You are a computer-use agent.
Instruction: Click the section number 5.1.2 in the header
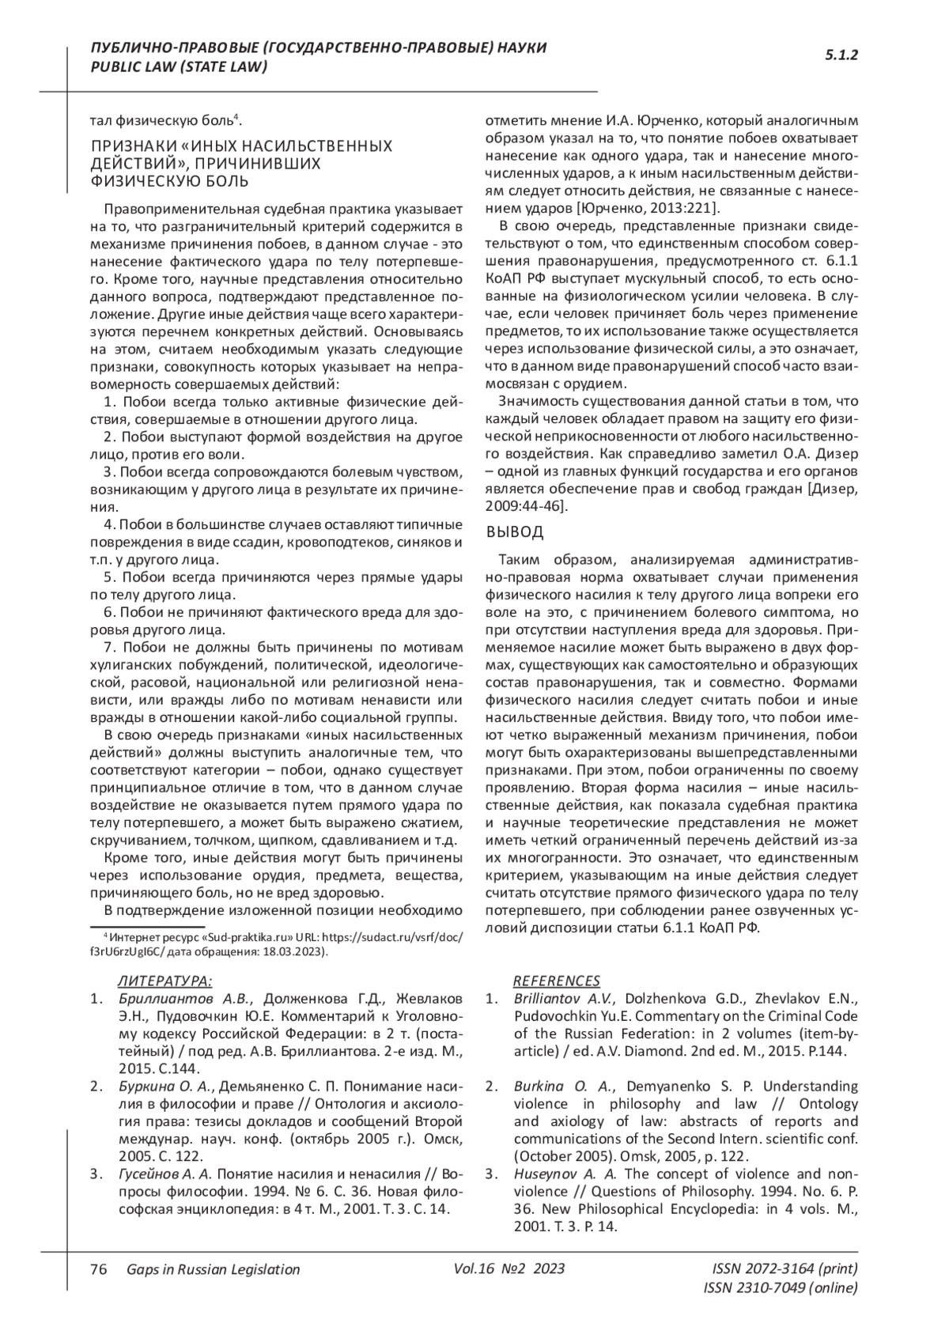point(841,55)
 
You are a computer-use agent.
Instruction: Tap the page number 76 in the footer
point(99,1269)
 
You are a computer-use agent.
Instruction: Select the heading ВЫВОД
point(515,531)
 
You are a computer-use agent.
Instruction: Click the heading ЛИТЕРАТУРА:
point(164,981)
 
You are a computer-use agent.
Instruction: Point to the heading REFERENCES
point(557,981)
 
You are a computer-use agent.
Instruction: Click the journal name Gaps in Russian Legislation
point(213,1269)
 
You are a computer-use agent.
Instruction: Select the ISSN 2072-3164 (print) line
point(785,1268)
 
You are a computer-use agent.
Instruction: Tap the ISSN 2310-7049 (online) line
point(780,1287)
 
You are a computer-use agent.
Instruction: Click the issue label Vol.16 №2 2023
point(509,1268)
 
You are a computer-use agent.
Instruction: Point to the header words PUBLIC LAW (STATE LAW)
point(180,67)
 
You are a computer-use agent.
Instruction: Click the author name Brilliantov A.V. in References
point(564,999)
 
